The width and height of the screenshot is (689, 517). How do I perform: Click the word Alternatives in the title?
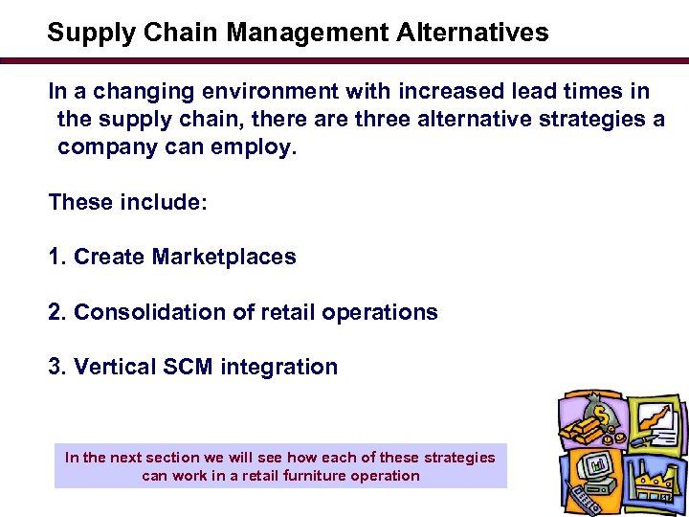tap(469, 33)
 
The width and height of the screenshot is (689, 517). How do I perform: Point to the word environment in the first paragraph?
tap(260, 92)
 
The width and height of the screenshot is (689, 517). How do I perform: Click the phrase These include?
tap(128, 202)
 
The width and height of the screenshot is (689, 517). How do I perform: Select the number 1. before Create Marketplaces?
tap(57, 257)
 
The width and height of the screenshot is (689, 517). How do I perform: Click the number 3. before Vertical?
tap(57, 367)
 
